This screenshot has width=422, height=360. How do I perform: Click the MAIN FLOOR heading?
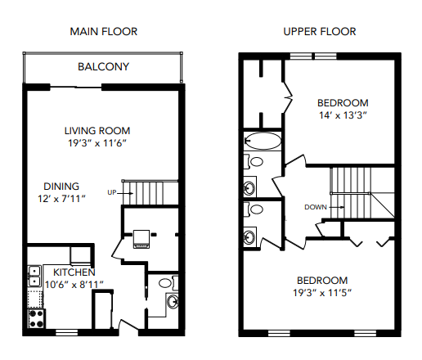[102, 32]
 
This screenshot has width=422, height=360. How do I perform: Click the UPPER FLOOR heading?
[320, 32]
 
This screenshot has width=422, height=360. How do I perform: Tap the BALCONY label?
[103, 67]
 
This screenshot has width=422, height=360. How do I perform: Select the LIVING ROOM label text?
[97, 130]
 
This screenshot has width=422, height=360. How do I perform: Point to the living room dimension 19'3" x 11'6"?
[97, 142]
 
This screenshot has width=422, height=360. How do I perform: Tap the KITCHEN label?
[74, 272]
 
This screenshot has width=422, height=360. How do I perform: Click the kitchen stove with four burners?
[35, 315]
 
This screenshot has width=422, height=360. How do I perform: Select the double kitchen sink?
[35, 276]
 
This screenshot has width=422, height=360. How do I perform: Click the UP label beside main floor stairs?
[112, 192]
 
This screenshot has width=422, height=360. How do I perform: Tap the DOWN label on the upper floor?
[316, 207]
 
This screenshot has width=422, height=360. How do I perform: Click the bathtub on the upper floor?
[263, 140]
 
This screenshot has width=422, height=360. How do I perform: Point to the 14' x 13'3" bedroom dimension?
[343, 115]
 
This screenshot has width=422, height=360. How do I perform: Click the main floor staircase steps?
[150, 192]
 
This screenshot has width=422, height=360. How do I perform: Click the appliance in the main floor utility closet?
[141, 238]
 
